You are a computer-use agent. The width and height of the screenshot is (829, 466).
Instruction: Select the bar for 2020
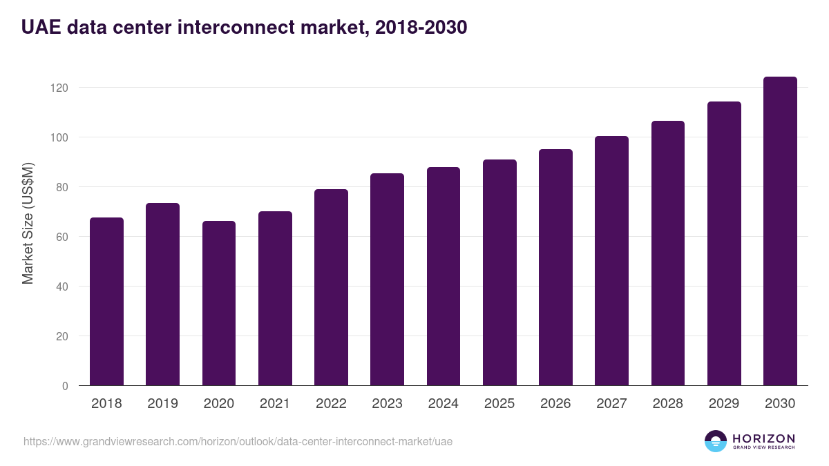[219, 304]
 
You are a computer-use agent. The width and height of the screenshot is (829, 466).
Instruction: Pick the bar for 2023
[387, 280]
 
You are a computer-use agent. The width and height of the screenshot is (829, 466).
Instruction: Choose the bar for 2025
[499, 273]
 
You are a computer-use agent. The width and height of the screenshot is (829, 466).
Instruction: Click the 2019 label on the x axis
[162, 404]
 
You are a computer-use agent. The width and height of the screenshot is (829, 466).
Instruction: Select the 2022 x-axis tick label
[331, 404]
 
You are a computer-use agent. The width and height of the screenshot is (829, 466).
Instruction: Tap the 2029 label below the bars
[724, 404]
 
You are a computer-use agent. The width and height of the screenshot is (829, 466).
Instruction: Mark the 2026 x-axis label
[555, 404]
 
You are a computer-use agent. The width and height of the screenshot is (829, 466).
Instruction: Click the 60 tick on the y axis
[63, 237]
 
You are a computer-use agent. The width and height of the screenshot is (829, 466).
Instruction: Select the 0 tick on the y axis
[66, 386]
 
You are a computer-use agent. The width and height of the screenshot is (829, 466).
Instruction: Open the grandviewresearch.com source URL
[238, 441]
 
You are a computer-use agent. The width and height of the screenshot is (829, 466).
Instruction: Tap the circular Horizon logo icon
[716, 441]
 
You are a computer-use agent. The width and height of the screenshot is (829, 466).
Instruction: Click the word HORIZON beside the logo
[764, 438]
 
